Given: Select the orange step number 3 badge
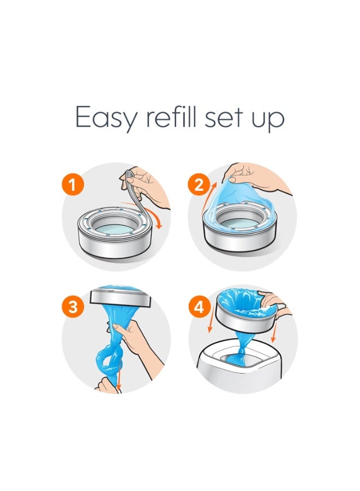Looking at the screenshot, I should [x=73, y=307].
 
